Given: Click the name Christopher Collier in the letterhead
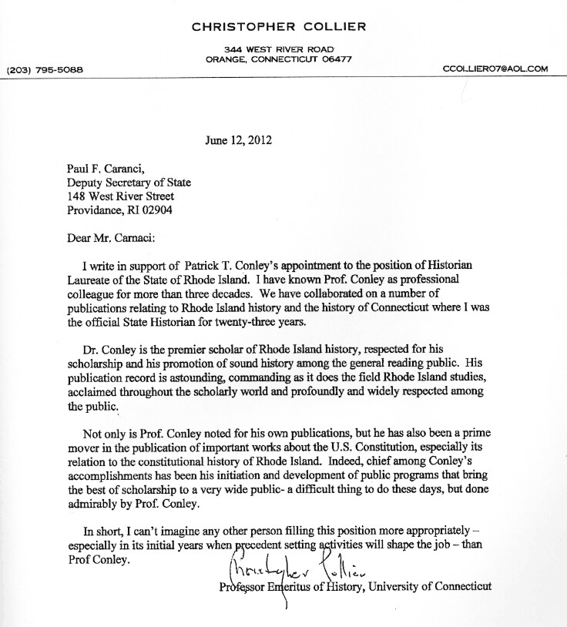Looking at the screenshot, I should point(278,28).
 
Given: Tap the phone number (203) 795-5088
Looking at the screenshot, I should point(44,69).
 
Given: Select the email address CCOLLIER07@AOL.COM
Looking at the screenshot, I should point(495,69).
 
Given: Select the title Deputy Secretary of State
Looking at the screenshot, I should point(129,183).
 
